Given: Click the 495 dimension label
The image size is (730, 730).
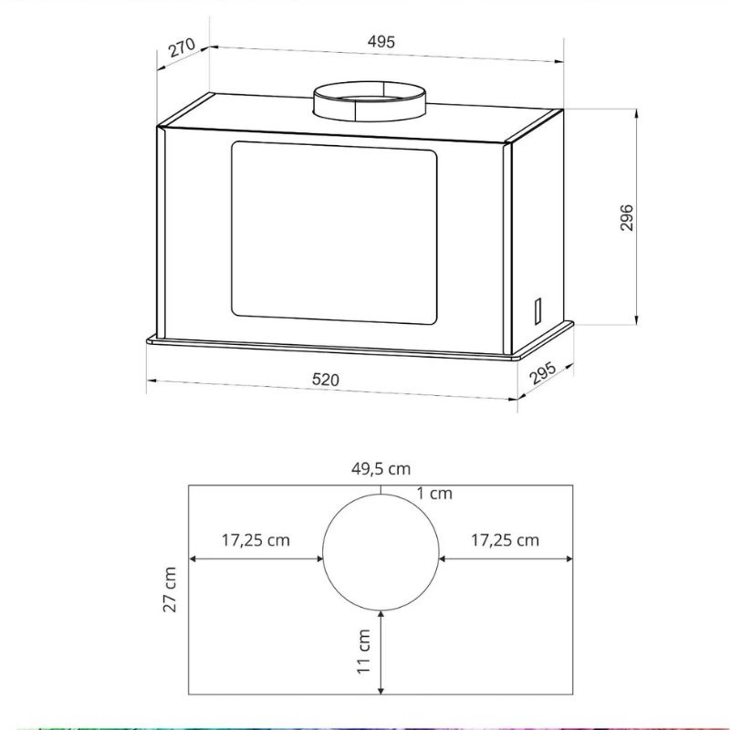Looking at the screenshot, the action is pyautogui.click(x=381, y=42).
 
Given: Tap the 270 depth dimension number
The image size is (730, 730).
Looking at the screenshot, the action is pyautogui.click(x=182, y=47).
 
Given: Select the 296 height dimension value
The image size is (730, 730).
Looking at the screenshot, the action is pyautogui.click(x=627, y=217).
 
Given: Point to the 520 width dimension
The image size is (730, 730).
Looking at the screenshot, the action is pyautogui.click(x=326, y=380).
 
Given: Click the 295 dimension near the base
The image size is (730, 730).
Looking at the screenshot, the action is pyautogui.click(x=543, y=372).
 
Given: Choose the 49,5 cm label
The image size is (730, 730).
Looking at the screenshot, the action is pyautogui.click(x=381, y=468).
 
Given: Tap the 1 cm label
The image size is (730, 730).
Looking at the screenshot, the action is pyautogui.click(x=434, y=493).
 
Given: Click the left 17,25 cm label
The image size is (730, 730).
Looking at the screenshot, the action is pyautogui.click(x=255, y=540).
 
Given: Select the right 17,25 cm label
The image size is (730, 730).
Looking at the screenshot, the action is pyautogui.click(x=506, y=540).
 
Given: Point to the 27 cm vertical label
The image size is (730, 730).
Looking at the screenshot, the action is pyautogui.click(x=170, y=589).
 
